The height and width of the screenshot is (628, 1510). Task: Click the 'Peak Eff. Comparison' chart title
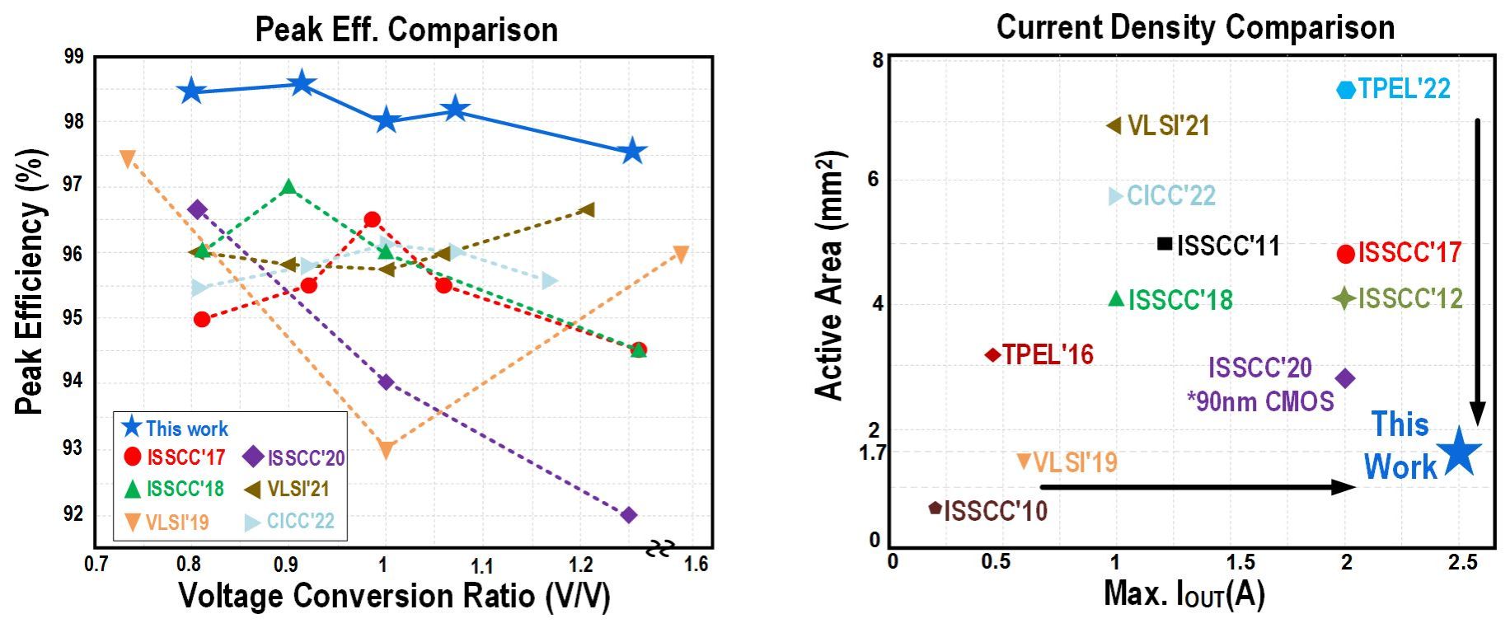click(406, 30)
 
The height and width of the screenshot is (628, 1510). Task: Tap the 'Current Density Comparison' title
click(1195, 27)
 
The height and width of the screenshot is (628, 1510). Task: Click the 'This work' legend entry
click(175, 429)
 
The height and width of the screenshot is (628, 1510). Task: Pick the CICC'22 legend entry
click(289, 521)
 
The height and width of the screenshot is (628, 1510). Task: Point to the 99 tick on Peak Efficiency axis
click(73, 57)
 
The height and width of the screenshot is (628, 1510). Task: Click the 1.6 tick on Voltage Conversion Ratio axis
click(696, 565)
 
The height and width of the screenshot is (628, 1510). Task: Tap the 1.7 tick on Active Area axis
click(872, 452)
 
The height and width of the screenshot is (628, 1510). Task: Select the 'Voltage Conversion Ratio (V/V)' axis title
click(394, 595)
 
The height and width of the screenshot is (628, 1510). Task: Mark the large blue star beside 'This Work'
click(1459, 452)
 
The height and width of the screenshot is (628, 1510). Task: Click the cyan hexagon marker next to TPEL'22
click(1345, 89)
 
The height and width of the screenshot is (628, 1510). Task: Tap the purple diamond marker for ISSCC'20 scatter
click(1345, 378)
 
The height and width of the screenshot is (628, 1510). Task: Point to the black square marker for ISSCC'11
click(1165, 243)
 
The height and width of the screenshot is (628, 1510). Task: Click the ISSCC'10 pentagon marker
click(935, 508)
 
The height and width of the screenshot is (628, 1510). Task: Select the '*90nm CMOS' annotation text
click(1260, 401)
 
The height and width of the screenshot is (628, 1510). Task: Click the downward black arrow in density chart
click(1477, 272)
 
